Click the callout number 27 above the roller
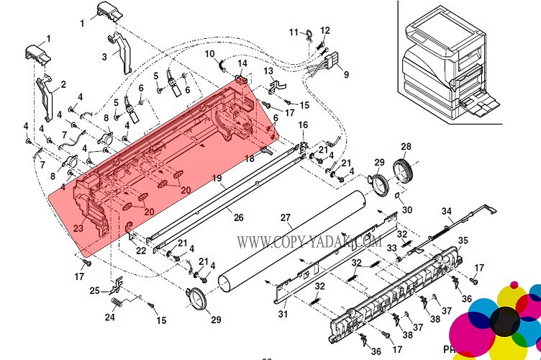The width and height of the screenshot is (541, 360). [285, 217]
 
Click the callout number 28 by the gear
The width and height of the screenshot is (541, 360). [406, 147]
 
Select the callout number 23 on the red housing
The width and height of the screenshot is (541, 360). [78, 228]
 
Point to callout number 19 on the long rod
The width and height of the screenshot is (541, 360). [216, 177]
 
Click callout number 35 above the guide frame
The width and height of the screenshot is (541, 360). [463, 240]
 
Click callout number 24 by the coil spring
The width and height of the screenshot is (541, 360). [110, 317]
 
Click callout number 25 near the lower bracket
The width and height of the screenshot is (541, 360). [94, 291]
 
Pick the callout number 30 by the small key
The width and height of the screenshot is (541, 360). [406, 210]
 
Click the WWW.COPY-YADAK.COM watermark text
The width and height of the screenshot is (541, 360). [309, 243]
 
